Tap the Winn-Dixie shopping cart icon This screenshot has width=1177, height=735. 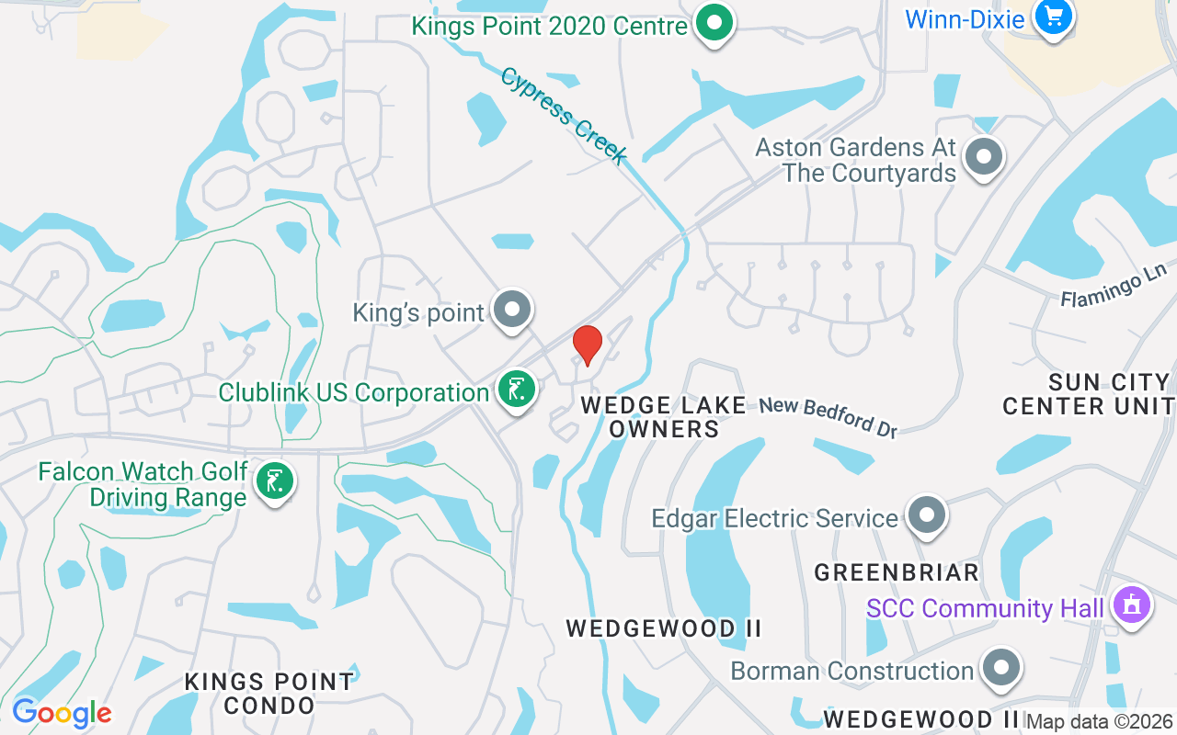click(1053, 17)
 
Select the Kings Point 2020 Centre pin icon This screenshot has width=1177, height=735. click(713, 23)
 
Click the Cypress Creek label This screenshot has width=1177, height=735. click(564, 115)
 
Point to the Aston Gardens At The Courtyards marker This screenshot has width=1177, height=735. click(984, 157)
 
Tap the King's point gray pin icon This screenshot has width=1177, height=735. click(511, 310)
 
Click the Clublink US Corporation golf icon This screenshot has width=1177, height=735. click(517, 390)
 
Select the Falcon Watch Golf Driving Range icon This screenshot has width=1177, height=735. click(274, 481)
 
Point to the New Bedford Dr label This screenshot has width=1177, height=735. click(828, 417)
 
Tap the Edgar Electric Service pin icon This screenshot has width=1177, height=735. click(926, 515)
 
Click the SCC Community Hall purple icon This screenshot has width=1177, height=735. click(1132, 605)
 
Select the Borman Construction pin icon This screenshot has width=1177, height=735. click(1000, 668)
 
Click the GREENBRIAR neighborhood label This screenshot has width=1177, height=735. click(897, 572)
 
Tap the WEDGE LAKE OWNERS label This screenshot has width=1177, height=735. click(664, 416)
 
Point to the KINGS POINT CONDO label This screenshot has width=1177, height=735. click(269, 694)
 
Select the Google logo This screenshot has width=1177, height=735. click(62, 713)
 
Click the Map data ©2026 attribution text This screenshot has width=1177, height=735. click(1100, 722)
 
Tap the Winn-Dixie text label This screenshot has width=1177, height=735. click(965, 18)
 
